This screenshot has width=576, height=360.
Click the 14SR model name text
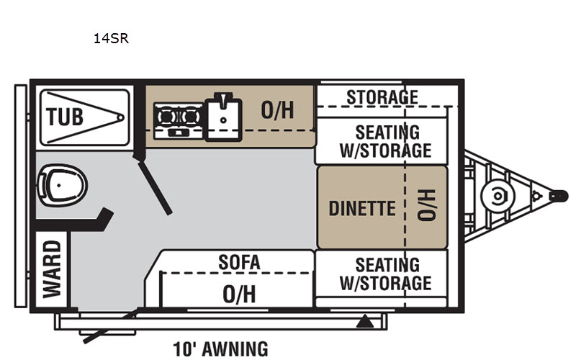[x=110, y=39]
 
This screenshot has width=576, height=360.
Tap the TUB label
[x=65, y=116]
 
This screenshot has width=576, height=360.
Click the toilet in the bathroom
[x=63, y=184]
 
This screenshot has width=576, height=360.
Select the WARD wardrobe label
[x=52, y=268]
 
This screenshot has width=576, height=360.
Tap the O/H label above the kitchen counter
[x=278, y=110]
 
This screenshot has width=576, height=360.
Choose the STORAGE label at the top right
[x=382, y=96]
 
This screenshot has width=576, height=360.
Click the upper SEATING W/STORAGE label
[x=386, y=141]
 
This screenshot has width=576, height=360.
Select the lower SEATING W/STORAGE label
[x=386, y=274]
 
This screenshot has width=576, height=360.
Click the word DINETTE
[x=362, y=208]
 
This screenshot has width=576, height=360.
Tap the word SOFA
[x=239, y=262]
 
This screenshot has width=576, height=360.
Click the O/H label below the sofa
[x=239, y=294]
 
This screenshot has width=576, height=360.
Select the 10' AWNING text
[x=220, y=349]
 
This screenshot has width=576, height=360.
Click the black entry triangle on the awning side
[x=366, y=320]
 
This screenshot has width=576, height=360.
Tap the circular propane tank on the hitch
[x=496, y=195]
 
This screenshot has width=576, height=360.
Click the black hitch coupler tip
[x=557, y=195]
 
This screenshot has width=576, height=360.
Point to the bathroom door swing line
[x=156, y=187]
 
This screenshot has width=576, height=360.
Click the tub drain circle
[x=120, y=117]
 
